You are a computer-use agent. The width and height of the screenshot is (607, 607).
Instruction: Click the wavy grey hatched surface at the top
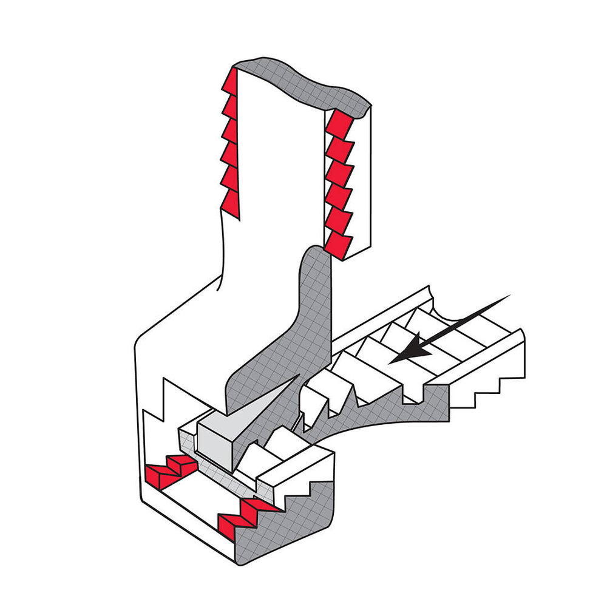tap(303, 85)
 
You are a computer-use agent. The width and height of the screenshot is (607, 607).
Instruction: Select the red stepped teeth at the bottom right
tap(243, 516)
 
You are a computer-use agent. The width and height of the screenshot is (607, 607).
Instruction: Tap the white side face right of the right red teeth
tap(362, 182)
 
